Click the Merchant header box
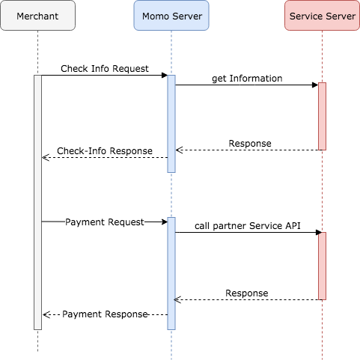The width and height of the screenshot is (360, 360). (37, 16)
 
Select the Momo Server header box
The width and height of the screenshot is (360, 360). (171, 16)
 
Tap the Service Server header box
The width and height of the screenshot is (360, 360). (322, 16)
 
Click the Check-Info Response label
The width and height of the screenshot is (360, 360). (105, 151)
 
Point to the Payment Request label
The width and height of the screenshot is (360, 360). (105, 222)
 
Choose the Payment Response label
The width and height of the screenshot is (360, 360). (105, 314)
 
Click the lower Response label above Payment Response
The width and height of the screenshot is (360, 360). (247, 293)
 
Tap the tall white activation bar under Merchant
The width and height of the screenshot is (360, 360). (37, 202)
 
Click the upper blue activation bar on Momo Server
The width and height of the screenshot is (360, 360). (171, 123)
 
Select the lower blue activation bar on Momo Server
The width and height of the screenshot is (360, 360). (171, 273)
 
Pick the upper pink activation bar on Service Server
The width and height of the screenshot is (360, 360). (322, 116)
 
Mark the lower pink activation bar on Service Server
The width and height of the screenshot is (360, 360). (322, 266)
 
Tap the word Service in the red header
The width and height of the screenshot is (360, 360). (307, 16)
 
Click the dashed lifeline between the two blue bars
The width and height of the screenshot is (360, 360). (171, 195)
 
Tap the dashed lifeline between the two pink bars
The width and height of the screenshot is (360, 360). (322, 191)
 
